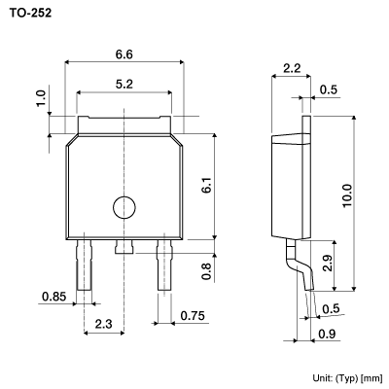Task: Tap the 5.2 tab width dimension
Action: point(124,85)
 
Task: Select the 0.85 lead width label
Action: point(54,296)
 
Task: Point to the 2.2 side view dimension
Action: point(291,69)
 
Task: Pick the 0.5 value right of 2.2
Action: point(330,90)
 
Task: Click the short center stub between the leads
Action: point(124,248)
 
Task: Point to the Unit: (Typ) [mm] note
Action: point(346,376)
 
